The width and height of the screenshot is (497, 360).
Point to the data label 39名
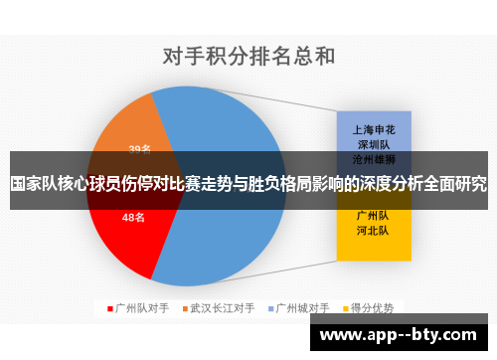click(x=139, y=149)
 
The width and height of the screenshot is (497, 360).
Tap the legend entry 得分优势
click(x=375, y=308)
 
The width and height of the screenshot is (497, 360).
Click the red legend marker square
click(x=111, y=308)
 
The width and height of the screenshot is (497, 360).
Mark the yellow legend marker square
click(x=349, y=308)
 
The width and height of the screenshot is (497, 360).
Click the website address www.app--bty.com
click(x=404, y=335)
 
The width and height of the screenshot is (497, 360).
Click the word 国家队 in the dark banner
click(x=34, y=185)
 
